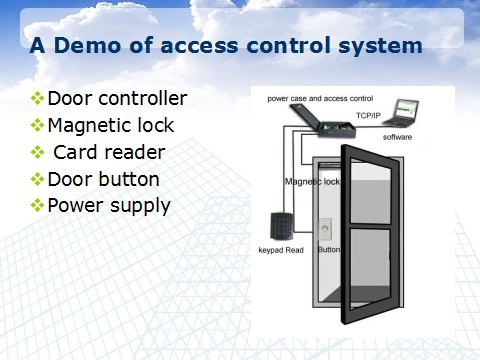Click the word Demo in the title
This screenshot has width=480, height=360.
click(x=87, y=45)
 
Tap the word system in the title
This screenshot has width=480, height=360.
click(x=380, y=47)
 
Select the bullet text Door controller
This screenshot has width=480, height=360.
click(x=117, y=98)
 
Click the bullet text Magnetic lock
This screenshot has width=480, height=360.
click(x=111, y=126)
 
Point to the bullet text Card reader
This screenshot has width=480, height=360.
click(x=109, y=152)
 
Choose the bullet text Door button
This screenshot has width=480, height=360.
click(x=104, y=179)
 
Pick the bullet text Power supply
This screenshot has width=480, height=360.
click(x=109, y=206)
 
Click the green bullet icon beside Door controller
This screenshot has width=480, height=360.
click(x=37, y=99)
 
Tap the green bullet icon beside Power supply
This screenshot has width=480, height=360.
click(x=37, y=205)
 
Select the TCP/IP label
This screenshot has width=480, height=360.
click(x=368, y=116)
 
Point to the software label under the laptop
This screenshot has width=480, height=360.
click(x=397, y=137)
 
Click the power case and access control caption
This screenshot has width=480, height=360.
click(x=320, y=99)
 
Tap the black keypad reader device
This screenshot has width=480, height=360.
click(x=282, y=226)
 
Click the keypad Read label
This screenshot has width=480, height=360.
click(x=281, y=250)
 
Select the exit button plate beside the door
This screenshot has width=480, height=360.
click(x=325, y=229)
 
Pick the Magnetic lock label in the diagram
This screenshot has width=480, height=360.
click(x=312, y=182)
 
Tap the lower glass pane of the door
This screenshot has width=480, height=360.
click(x=370, y=267)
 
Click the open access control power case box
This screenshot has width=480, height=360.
click(x=322, y=121)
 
